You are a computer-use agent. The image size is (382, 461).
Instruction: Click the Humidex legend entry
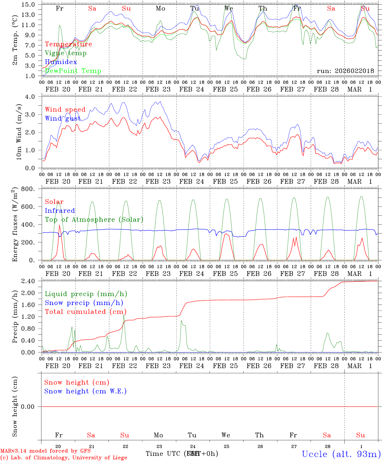coord(61,62)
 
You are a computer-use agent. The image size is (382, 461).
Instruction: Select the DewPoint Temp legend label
coord(73,71)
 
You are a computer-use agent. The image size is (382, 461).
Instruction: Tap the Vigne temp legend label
coord(66,53)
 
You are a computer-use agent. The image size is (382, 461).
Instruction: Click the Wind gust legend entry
coord(63,119)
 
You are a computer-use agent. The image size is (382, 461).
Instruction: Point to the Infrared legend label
coord(60,211)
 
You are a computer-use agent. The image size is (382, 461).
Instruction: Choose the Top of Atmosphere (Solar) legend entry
coord(94,220)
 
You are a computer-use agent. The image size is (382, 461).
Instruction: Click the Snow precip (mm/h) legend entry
coord(84,303)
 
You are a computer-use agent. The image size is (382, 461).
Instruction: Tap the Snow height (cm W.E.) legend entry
coord(85,391)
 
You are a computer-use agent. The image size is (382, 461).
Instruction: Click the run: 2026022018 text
coord(345,71)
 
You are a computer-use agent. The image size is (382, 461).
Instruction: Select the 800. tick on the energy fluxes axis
coord(30,189)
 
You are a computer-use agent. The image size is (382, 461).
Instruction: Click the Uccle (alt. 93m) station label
coord(341,454)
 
